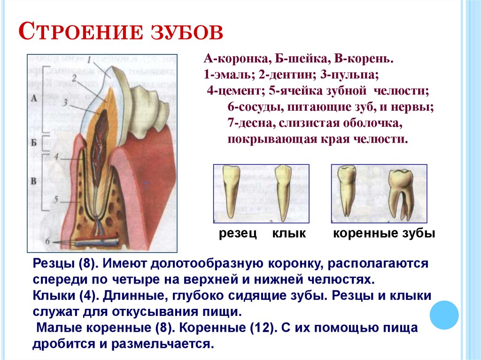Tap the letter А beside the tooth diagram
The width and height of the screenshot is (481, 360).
(x=33, y=99)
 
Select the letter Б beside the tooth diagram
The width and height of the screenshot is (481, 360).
(x=33, y=142)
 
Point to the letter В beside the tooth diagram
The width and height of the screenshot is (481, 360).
(x=33, y=180)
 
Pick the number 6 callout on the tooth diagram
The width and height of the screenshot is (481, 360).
(x=47, y=241)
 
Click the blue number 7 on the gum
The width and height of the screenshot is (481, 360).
(x=146, y=186)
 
